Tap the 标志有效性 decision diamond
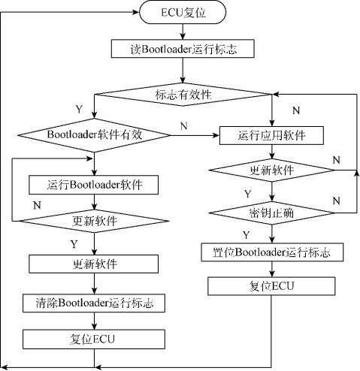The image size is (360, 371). point(183,95)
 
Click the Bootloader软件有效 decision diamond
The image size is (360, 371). point(94,135)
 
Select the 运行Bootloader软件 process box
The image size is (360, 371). point(94,184)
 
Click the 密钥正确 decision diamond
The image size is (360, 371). point(271,213)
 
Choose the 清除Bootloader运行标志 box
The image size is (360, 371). point(94,303)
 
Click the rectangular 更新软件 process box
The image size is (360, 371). point(94,264)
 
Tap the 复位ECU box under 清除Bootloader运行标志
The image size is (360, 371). point(94,337)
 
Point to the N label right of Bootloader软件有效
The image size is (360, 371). point(184,126)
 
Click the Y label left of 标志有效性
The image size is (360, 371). point(78,110)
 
